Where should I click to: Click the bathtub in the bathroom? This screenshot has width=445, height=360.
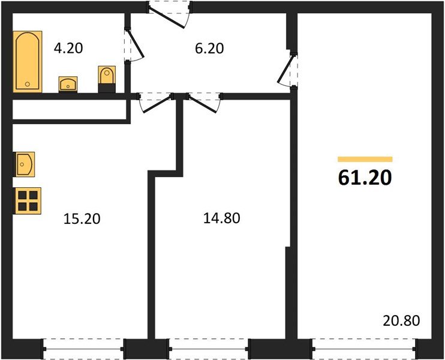(x=28, y=62)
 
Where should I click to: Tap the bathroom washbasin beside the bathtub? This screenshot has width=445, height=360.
(x=68, y=83)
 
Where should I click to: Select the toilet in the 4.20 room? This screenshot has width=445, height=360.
(x=106, y=80)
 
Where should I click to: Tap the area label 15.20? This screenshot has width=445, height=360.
(x=82, y=218)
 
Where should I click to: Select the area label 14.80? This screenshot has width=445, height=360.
(x=222, y=218)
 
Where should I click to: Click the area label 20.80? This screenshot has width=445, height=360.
(x=401, y=320)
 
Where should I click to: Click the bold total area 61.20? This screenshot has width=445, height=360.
(x=365, y=178)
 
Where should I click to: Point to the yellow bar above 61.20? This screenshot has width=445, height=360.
(x=365, y=159)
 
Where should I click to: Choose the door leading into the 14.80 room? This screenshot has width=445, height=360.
(x=204, y=101)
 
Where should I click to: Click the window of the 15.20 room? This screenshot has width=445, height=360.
(x=83, y=346)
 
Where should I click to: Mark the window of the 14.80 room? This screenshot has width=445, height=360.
(x=209, y=346)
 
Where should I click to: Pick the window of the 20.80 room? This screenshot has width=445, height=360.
(x=364, y=346)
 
